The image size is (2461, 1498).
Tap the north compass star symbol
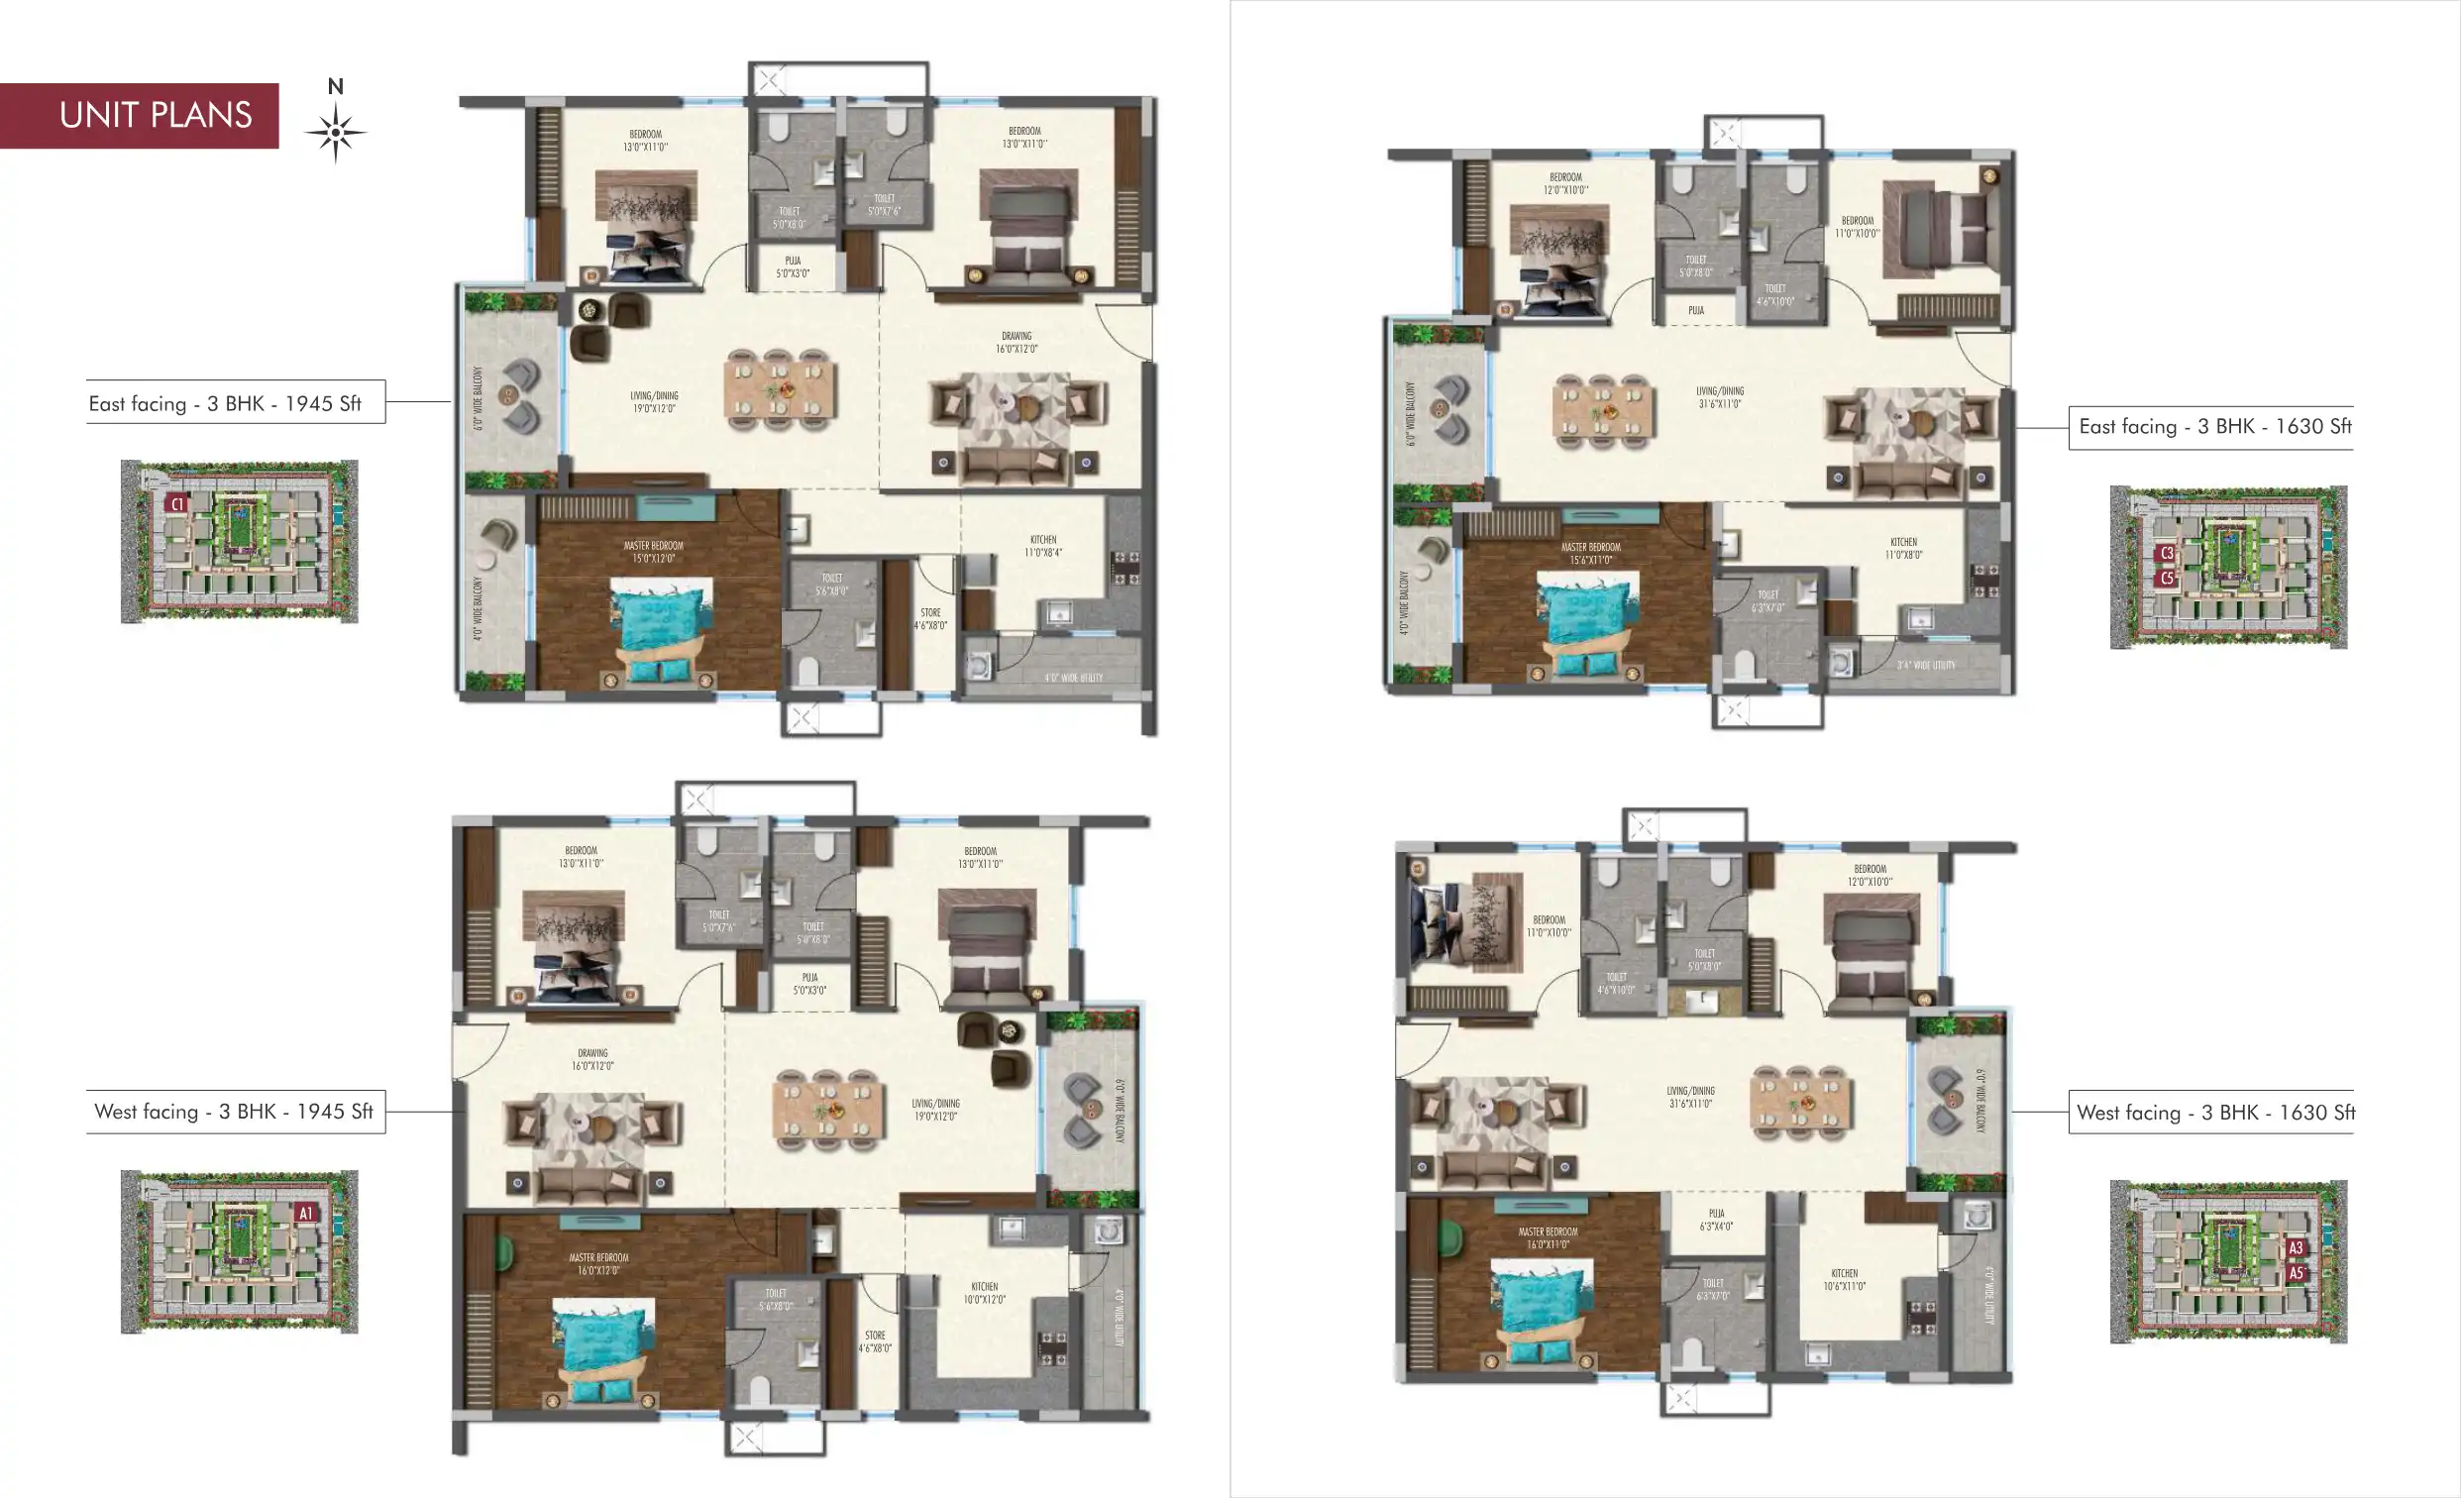pos(336,132)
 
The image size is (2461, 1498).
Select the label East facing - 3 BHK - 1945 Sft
pos(226,403)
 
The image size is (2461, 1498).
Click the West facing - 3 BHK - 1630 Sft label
pos(2214,1113)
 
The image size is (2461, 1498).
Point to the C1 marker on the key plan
pos(176,504)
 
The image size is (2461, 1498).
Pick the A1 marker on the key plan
pos(305,1214)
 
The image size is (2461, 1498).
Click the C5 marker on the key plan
pos(2167,579)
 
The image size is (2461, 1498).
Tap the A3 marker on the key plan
pos(2296,1248)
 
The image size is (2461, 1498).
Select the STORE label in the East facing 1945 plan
pos(930,619)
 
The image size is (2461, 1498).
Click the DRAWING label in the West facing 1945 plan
pos(592,1059)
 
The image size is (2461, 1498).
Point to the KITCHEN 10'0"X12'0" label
pos(984,1293)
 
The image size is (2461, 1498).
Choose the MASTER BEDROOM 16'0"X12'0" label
pos(598,1264)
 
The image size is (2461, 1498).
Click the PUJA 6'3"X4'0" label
pos(1716,1220)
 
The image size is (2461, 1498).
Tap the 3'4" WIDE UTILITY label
pos(1926,665)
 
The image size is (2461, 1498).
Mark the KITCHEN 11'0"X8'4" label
pos(1042,546)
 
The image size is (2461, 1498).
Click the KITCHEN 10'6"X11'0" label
pos(1844,1279)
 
